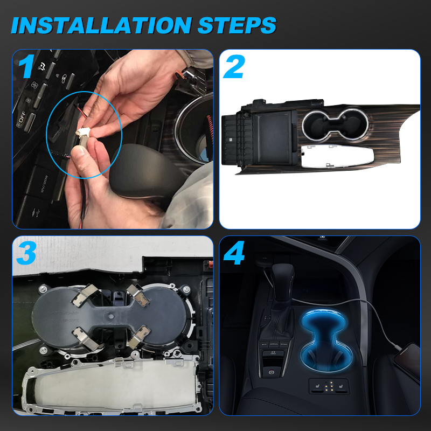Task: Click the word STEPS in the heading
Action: point(237,25)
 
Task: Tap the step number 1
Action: point(26,66)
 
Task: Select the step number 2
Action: point(234,66)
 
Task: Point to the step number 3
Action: point(26,253)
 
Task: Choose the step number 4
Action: point(234,253)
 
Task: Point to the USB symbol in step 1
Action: point(36,212)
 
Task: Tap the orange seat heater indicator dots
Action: point(329,386)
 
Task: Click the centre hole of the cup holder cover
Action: point(111,317)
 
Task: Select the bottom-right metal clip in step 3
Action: point(138,337)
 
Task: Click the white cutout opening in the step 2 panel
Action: point(337,156)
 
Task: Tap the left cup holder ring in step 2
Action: point(317,125)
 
